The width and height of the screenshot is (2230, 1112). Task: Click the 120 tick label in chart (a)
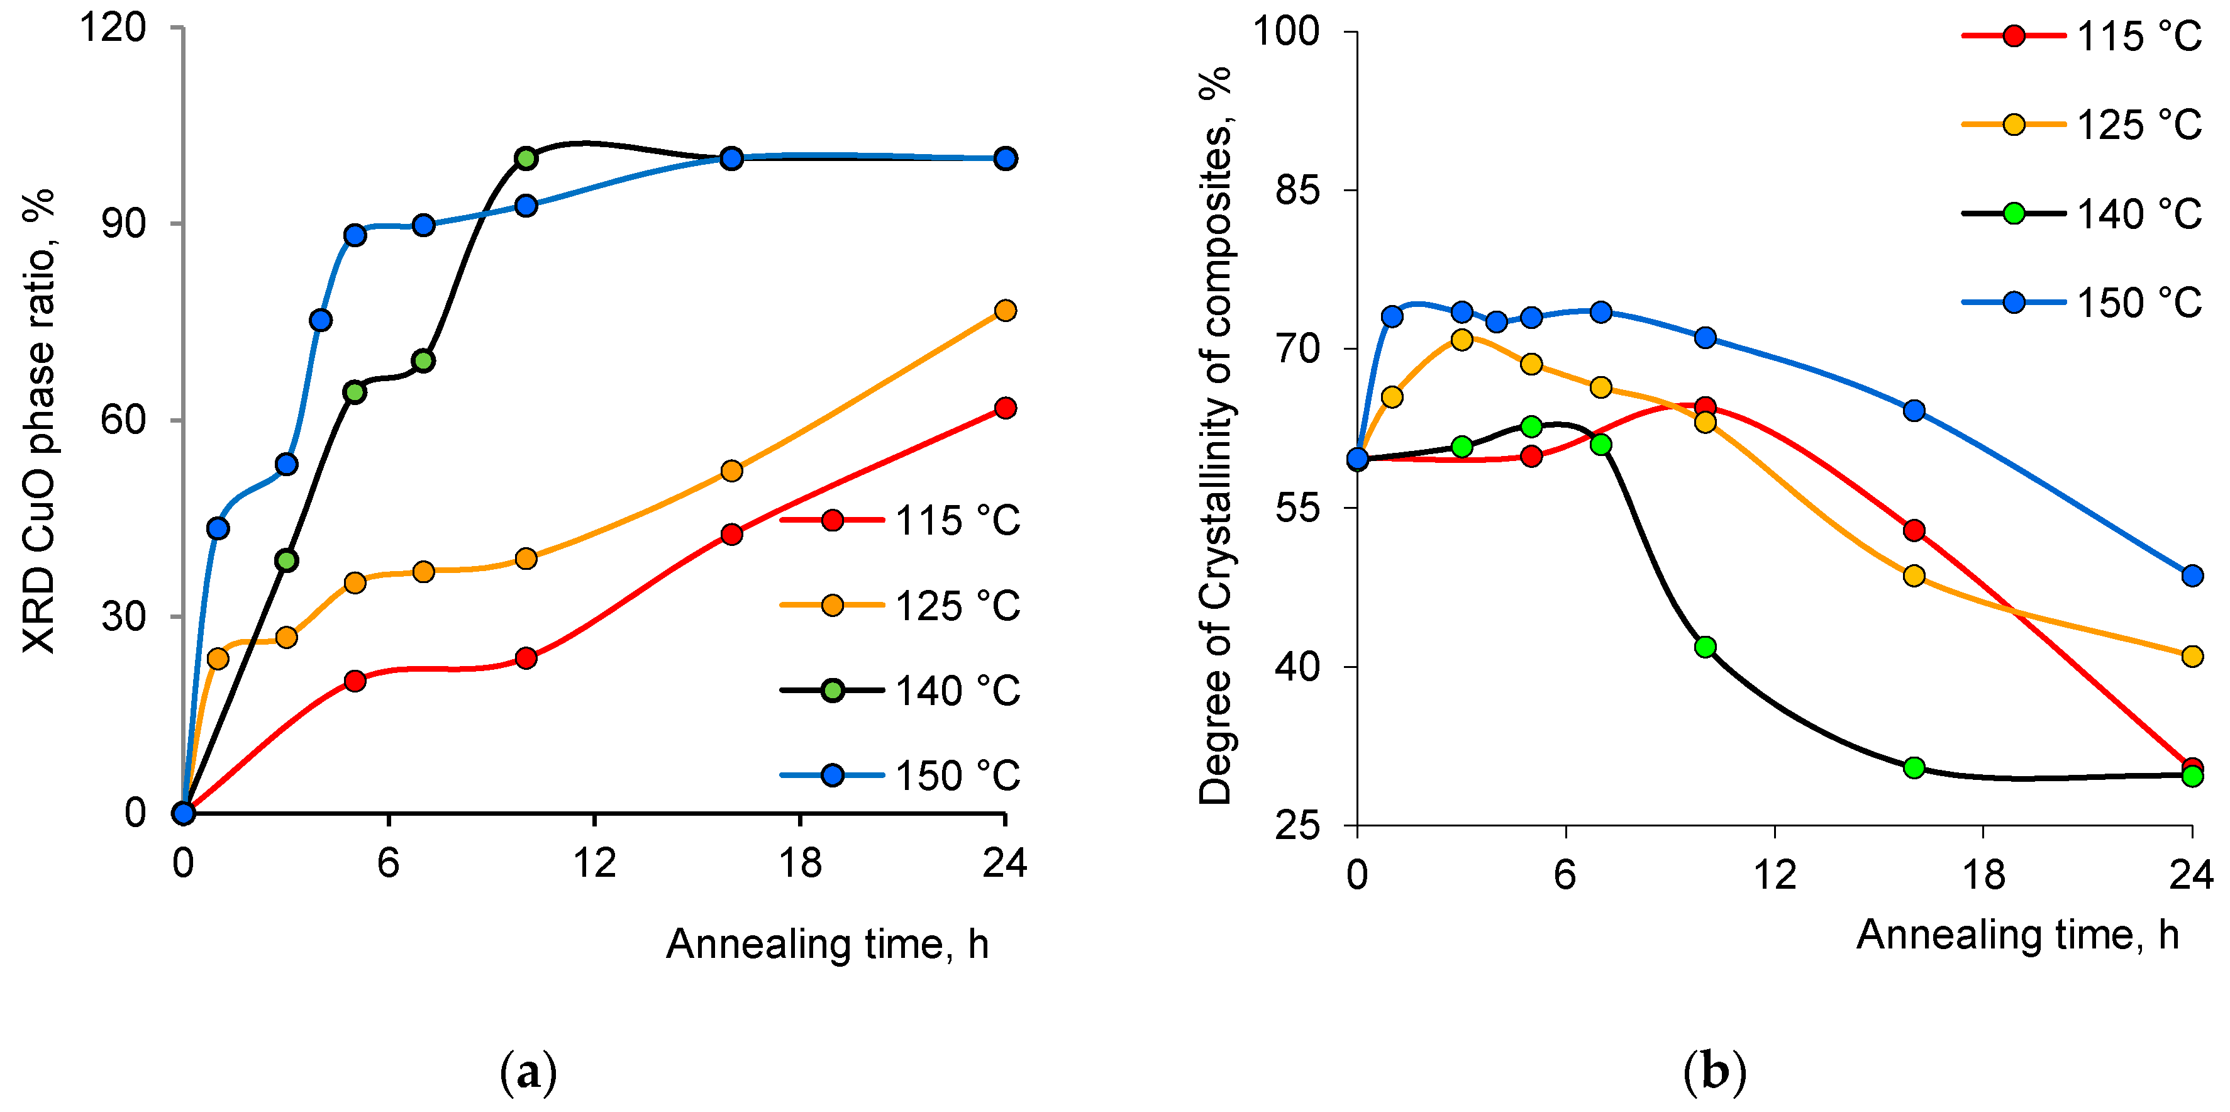coord(113,28)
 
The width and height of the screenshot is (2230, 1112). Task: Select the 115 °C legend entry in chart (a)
coord(901,521)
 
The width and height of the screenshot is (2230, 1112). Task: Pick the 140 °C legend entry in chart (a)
coord(901,690)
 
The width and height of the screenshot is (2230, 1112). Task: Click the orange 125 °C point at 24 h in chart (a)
coord(1005,310)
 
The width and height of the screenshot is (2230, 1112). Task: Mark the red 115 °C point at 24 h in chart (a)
coord(1005,408)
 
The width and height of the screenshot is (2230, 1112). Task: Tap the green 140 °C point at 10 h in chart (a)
coord(526,158)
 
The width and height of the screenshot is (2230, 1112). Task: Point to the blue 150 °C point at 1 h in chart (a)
coord(218,528)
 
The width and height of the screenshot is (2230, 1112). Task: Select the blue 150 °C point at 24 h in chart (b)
coord(2192,576)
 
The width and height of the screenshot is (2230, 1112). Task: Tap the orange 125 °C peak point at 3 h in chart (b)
coord(1462,340)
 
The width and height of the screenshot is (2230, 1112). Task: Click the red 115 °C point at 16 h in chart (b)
coord(1914,530)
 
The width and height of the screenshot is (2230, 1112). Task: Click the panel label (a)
coord(528,1072)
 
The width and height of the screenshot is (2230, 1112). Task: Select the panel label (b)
coord(1714,1072)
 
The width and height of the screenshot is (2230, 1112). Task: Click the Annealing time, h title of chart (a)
coord(827,944)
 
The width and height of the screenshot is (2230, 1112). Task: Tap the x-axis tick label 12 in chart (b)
coord(1775,875)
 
